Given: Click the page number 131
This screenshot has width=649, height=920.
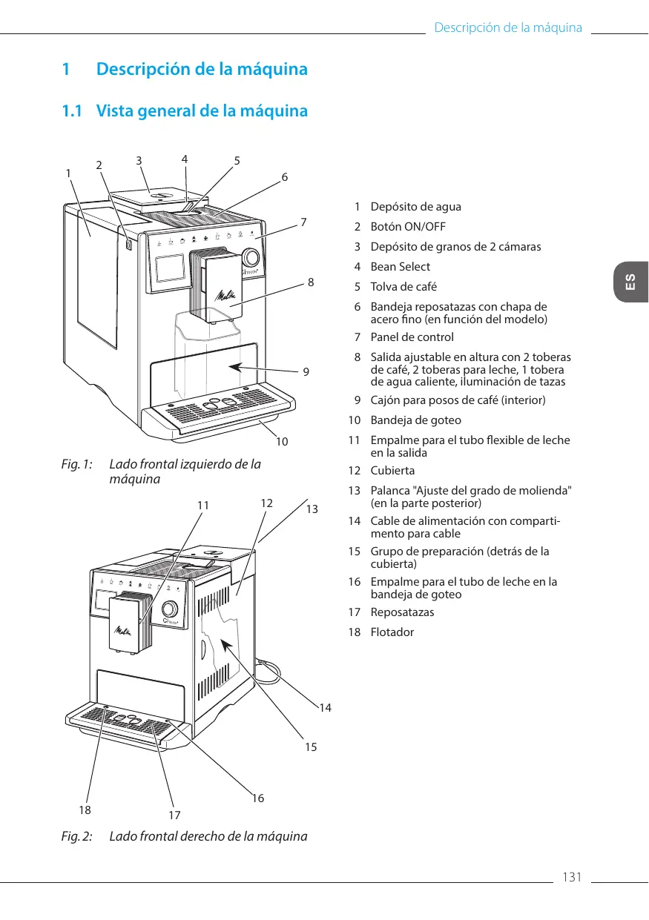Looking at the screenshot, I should click(571, 878).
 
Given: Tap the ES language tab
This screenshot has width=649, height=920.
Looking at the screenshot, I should click(630, 282).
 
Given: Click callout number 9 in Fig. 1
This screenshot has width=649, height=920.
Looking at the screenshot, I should click(306, 371).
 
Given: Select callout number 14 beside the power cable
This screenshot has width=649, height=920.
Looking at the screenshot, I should click(325, 708).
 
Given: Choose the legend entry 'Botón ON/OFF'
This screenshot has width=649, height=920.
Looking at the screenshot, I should click(408, 227).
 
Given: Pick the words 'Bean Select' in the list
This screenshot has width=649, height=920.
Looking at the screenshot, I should click(400, 267).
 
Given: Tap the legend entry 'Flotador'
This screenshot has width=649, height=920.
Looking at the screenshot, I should click(392, 632).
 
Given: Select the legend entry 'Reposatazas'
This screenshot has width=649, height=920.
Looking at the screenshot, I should click(402, 612).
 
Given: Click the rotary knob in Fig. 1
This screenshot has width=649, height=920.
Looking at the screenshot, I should click(251, 258).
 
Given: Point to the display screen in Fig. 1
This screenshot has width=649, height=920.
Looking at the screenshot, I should click(169, 268).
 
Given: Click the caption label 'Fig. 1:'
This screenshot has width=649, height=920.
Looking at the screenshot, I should click(77, 465).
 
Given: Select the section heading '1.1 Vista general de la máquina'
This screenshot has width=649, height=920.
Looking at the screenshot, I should click(184, 111).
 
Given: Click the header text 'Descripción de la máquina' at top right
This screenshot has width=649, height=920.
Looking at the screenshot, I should click(507, 28).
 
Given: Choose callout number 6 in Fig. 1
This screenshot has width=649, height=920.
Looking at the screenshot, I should click(284, 178).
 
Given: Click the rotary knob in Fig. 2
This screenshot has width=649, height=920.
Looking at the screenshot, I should click(169, 609).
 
